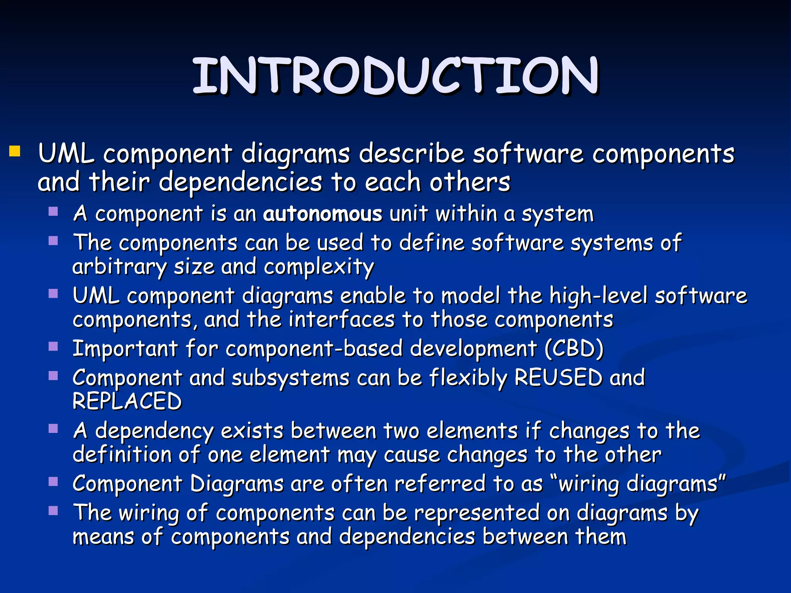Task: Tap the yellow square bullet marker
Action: [x=15, y=151]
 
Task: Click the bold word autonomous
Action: [x=323, y=213]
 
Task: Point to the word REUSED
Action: [x=558, y=377]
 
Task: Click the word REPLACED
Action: [x=127, y=401]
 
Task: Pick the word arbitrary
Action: [x=119, y=267]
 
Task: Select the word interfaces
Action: [x=341, y=320]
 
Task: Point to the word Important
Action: [x=125, y=348]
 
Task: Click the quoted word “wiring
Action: [x=584, y=484]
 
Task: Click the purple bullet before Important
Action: [x=53, y=346]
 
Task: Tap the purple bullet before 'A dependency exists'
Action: [x=53, y=429]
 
